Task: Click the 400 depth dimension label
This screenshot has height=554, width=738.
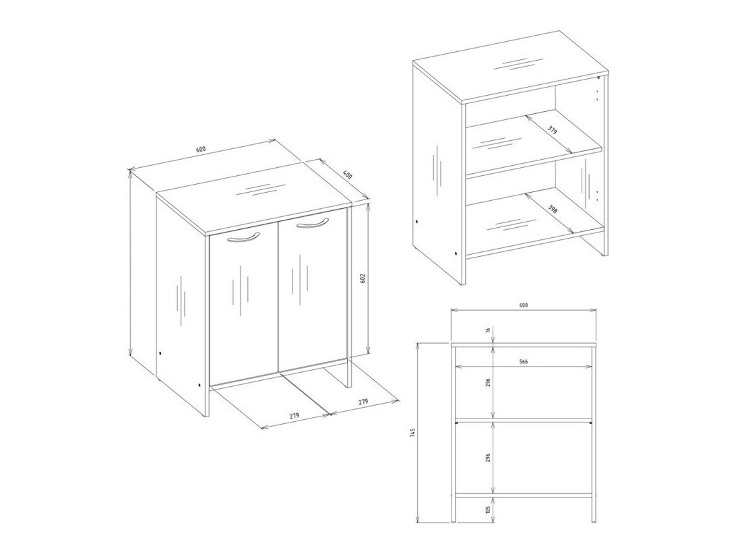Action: [347, 174]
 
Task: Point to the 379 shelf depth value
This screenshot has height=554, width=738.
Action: [553, 129]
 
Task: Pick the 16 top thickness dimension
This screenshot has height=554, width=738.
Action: [487, 331]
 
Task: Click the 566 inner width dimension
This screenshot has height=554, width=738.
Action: [523, 362]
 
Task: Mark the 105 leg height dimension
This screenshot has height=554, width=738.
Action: [487, 509]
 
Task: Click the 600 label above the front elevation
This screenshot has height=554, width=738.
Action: [523, 305]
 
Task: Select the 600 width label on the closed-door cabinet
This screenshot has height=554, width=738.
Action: [201, 150]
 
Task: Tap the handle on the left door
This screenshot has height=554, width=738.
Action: [243, 237]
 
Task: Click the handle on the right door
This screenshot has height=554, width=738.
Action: [311, 224]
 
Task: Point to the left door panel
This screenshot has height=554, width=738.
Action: [243, 303]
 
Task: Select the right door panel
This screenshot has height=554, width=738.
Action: [313, 290]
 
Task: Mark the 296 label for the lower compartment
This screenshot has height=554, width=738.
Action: [487, 458]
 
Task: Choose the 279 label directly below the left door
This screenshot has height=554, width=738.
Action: [295, 416]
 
